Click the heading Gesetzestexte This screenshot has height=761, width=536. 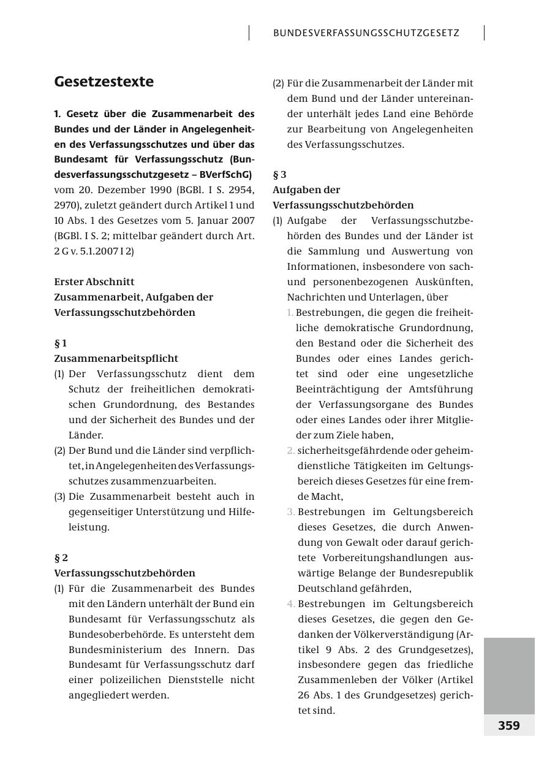[x=104, y=82]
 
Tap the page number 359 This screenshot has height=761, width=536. [x=508, y=725]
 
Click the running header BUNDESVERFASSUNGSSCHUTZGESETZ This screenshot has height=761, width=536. [x=366, y=33]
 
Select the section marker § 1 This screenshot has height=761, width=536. [x=61, y=343]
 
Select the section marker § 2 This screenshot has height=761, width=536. [x=61, y=558]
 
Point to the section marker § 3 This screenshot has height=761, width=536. [x=279, y=175]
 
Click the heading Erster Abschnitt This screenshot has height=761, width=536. [x=94, y=282]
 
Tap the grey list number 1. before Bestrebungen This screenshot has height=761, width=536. [x=290, y=313]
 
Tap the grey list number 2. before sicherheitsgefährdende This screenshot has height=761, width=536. [x=291, y=451]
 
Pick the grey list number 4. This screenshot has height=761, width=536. [x=291, y=604]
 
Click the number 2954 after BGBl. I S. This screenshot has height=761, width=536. [x=242, y=190]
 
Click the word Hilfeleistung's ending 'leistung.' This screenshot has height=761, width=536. [x=89, y=527]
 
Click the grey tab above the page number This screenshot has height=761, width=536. [x=509, y=675]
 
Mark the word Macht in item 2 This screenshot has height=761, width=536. [x=329, y=497]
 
